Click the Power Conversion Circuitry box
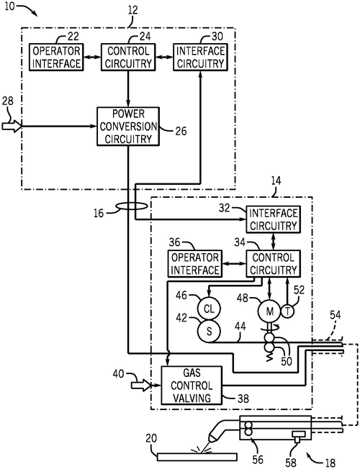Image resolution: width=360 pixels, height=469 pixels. pyautogui.click(x=128, y=127)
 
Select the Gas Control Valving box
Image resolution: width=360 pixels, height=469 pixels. pyautogui.click(x=192, y=386)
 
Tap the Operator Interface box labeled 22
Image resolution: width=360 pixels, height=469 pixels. pyautogui.click(x=56, y=57)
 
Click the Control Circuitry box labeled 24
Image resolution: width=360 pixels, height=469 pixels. pyautogui.click(x=128, y=57)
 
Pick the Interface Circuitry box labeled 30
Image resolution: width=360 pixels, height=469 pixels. pyautogui.click(x=200, y=57)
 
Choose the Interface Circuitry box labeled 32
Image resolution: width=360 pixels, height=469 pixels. pyautogui.click(x=273, y=219)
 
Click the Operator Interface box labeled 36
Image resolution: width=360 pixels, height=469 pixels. pyautogui.click(x=195, y=263)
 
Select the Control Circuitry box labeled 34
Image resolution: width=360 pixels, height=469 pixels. pyautogui.click(x=273, y=263)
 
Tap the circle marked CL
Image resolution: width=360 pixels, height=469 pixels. pyautogui.click(x=209, y=309)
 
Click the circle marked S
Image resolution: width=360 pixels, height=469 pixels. pyautogui.click(x=209, y=331)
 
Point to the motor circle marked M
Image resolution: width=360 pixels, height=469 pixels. pyautogui.click(x=269, y=311)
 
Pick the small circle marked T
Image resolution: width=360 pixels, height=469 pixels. pyautogui.click(x=287, y=311)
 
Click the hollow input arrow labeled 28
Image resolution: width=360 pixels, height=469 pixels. pyautogui.click(x=12, y=126)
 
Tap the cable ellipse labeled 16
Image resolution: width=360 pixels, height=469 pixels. pyautogui.click(x=132, y=206)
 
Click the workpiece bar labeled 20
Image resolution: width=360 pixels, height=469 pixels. pyautogui.click(x=197, y=457)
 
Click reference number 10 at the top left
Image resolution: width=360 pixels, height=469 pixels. pyautogui.click(x=9, y=6)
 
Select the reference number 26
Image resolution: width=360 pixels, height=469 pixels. pyautogui.click(x=181, y=131)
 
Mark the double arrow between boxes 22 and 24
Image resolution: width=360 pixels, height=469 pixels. pyautogui.click(x=92, y=57)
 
